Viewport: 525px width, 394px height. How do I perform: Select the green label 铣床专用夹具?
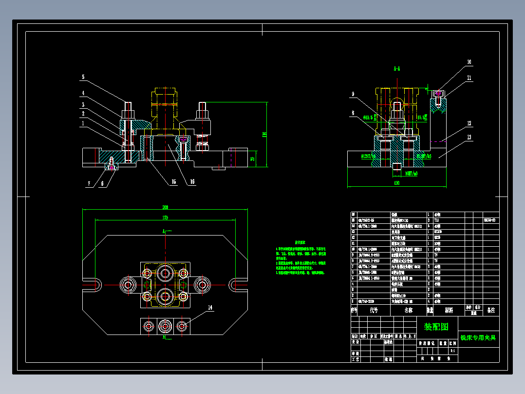478,337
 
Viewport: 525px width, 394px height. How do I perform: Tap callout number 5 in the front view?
83,77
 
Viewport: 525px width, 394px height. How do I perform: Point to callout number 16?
193,182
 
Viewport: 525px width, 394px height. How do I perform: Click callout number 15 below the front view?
173,182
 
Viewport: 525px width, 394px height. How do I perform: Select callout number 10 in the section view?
469,62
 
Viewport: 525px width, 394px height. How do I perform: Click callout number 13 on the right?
469,138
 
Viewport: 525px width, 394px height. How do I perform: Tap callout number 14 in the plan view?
210,308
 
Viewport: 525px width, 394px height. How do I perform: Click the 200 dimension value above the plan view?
166,207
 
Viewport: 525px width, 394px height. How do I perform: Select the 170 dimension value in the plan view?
166,217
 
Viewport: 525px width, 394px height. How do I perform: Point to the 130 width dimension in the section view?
397,183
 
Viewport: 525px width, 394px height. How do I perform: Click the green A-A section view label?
397,69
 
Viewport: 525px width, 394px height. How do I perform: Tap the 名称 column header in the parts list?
408,310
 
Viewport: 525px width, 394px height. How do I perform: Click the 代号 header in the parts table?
374,310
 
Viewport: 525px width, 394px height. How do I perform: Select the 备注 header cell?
491,310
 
